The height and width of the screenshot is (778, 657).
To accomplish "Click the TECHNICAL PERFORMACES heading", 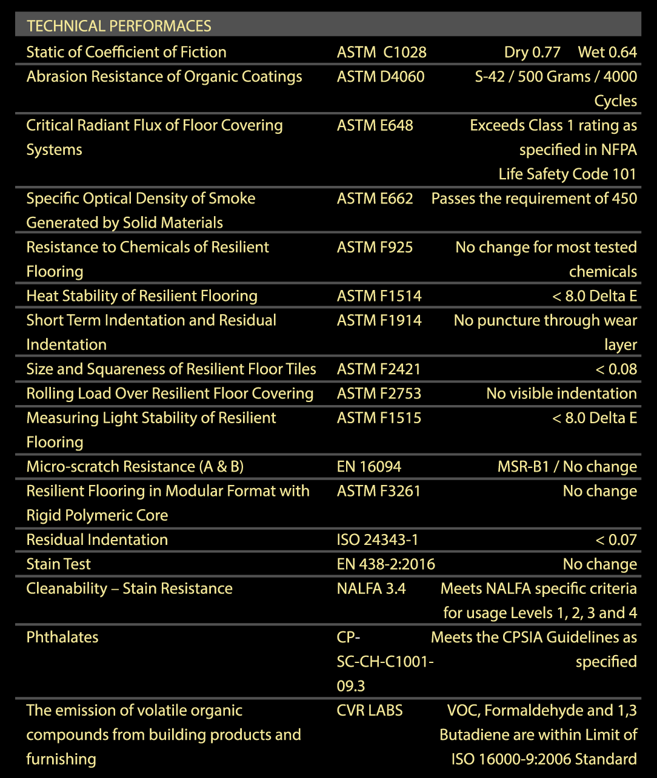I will [119, 26].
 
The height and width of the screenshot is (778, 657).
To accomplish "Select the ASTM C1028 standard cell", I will [381, 52].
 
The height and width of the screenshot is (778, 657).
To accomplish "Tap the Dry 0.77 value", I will [532, 52].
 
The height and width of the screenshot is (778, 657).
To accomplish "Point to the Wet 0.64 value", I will [607, 52].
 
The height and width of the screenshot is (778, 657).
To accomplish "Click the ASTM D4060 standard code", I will [381, 77].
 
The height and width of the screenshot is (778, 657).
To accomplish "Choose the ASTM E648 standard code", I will [375, 125].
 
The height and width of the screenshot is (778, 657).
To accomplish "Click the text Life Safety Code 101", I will [567, 174].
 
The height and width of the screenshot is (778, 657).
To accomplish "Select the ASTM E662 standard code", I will [375, 199].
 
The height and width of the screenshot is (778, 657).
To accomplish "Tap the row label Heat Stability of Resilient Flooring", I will [142, 296].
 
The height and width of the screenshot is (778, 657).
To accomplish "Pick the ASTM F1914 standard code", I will [379, 320].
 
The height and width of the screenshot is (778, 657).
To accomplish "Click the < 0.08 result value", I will [616, 369].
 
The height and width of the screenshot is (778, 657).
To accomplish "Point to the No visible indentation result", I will [561, 394].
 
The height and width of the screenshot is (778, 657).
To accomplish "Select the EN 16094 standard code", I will [369, 467].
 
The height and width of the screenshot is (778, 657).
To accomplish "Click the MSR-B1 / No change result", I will [567, 467].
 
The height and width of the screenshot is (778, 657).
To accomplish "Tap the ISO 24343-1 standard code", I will [377, 540].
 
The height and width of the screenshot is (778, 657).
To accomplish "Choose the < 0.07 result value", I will [616, 540].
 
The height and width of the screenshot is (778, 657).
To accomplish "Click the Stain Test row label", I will [58, 564].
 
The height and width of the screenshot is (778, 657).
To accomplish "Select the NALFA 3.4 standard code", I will [371, 588].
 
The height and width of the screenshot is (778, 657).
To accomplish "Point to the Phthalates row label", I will [62, 638].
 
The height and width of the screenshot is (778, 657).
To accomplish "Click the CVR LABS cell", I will [369, 711].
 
